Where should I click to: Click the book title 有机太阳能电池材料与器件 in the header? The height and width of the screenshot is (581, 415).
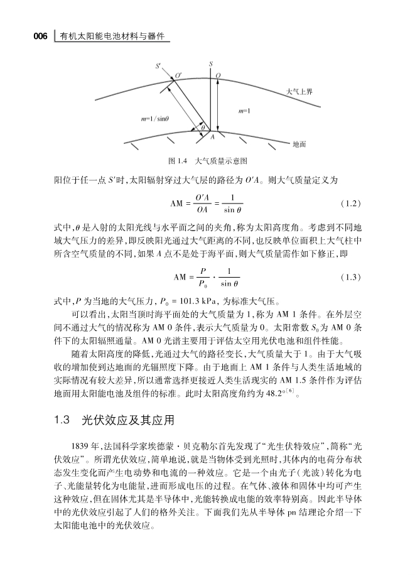(x=112, y=37)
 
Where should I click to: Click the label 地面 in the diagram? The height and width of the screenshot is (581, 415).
(x=299, y=144)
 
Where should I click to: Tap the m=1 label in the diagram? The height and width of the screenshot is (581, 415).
(x=245, y=111)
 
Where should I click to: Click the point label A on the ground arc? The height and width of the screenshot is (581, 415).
(x=212, y=136)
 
